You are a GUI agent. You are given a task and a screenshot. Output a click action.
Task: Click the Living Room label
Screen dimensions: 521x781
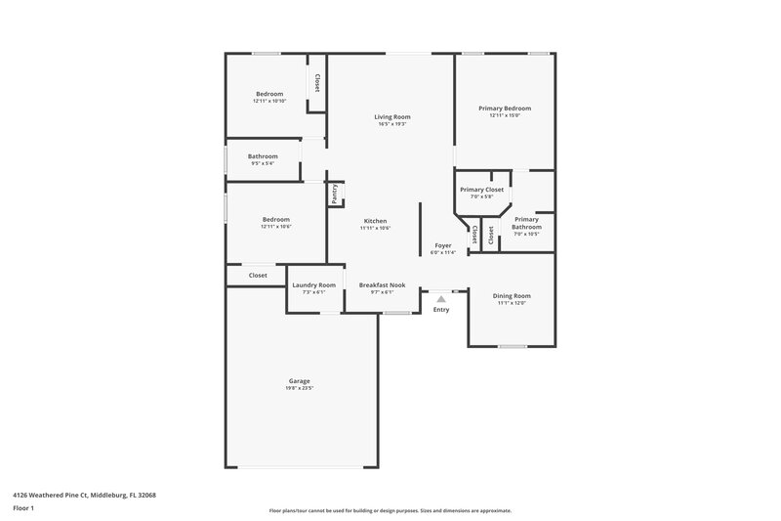point(390,117)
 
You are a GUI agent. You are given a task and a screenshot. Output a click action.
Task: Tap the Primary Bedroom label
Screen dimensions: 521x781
point(505,109)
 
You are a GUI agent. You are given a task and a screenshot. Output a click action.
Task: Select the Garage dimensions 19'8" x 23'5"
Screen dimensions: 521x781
point(299,388)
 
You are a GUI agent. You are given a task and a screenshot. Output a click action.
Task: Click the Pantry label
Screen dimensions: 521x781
point(334,194)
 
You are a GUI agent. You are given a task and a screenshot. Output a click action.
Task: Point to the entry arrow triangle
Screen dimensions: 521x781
point(441,299)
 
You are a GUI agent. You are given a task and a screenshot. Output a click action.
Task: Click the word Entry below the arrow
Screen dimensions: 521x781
point(441,310)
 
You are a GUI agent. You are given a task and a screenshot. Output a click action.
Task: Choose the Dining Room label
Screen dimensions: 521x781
point(512,295)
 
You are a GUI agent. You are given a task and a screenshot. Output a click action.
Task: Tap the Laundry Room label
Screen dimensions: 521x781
point(313,284)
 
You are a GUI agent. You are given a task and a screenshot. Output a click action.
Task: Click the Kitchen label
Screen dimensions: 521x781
point(376,221)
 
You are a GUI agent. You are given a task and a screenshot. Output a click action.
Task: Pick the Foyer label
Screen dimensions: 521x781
point(443,246)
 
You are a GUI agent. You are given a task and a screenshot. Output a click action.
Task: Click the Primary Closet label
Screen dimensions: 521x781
point(481,190)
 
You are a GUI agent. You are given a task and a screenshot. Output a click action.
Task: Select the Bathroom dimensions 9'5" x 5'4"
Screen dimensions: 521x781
point(262,163)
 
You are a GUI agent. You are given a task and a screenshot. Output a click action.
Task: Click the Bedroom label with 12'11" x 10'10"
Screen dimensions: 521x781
point(269,94)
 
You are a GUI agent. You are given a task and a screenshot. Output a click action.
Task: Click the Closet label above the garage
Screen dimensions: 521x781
point(258,276)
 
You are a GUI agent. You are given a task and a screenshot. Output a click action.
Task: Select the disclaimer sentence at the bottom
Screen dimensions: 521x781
point(390,510)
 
